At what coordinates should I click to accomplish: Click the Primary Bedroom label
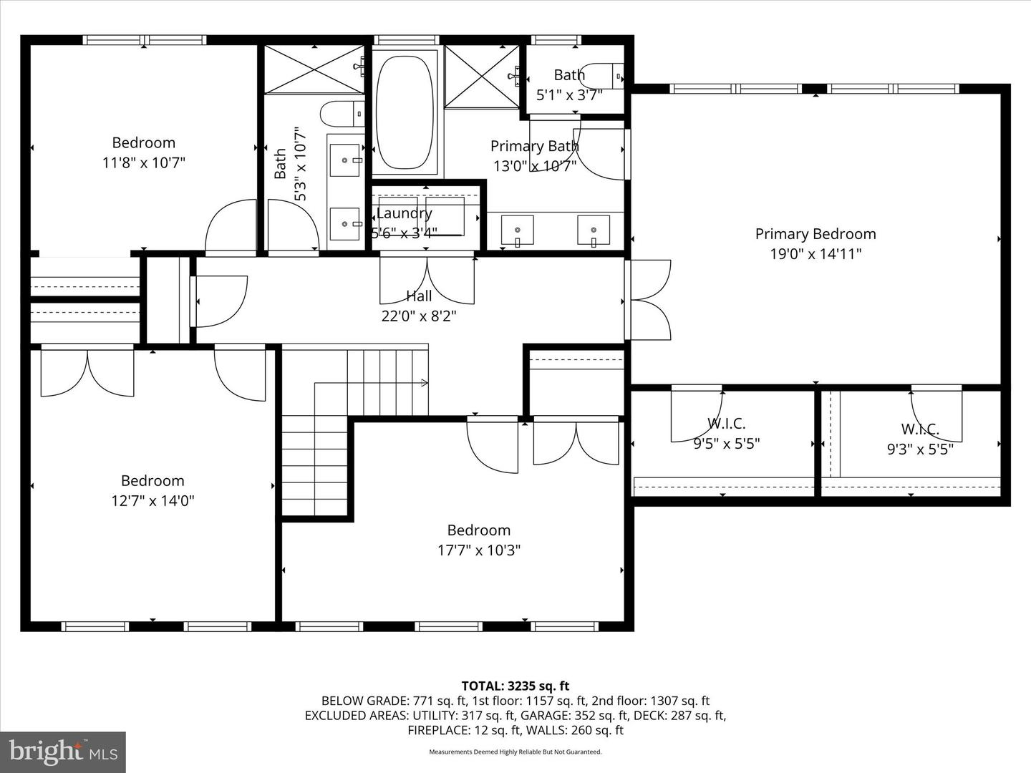[x=815, y=234]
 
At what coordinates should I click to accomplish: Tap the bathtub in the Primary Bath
[x=405, y=112]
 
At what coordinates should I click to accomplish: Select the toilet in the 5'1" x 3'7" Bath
[x=608, y=74]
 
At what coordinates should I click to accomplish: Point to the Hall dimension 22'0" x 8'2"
[x=419, y=316]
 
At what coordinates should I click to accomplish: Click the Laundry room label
[x=405, y=213]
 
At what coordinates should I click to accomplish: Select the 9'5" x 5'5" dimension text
[x=726, y=444]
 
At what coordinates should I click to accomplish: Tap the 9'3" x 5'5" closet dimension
[x=920, y=449]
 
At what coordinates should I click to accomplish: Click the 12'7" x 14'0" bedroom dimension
[x=153, y=500]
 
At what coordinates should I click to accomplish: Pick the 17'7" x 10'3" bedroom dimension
[x=479, y=550]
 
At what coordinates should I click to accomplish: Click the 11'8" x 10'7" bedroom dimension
[x=144, y=162]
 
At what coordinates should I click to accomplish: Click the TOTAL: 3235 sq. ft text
[x=515, y=686]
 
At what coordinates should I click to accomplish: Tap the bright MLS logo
[x=63, y=752]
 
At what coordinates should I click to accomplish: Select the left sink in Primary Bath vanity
[x=517, y=230]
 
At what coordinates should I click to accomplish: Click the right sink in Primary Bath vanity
[x=594, y=230]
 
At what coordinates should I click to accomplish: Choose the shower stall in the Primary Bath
[x=481, y=76]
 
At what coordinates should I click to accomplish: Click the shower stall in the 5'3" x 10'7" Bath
[x=314, y=69]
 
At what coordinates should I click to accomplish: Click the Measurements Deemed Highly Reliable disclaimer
[x=515, y=752]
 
